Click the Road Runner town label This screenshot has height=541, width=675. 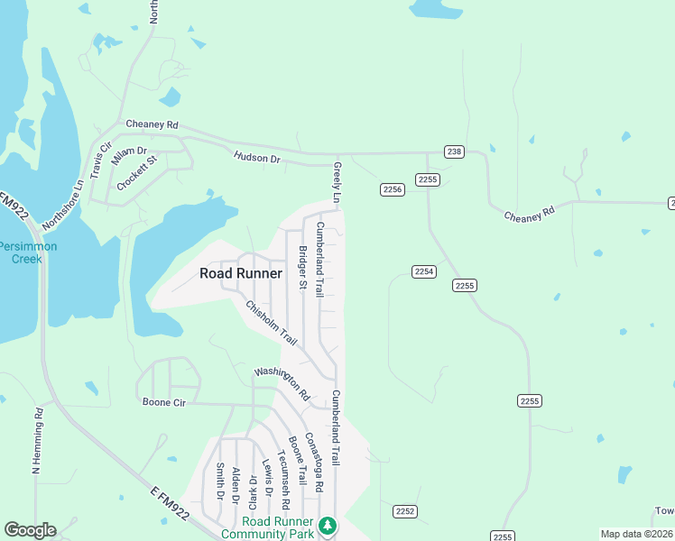tap(241, 273)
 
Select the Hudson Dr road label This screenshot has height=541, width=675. tap(257, 158)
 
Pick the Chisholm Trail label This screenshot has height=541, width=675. tap(271, 323)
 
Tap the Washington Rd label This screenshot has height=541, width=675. tap(282, 383)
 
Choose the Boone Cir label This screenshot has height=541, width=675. tap(163, 403)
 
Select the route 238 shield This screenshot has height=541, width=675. tap(454, 151)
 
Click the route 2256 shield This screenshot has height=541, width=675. tap(392, 189)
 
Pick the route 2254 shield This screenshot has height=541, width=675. tap(424, 271)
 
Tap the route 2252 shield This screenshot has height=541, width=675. tap(405, 511)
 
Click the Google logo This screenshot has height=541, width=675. tap(30, 530)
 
